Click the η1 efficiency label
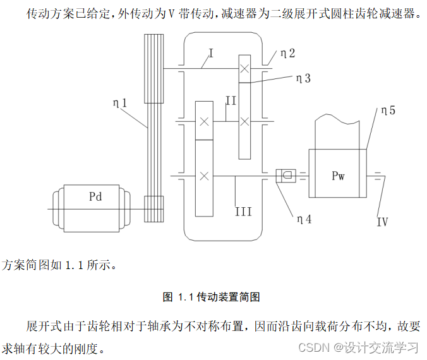click(120, 101)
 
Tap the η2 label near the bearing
click(287, 54)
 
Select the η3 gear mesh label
click(303, 78)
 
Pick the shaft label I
click(210, 53)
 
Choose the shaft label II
click(231, 100)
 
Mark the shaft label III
click(243, 211)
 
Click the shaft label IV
click(382, 222)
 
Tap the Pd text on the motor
click(95, 196)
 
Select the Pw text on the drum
click(339, 176)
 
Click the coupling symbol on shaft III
click(286, 175)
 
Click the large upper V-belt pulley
click(153, 68)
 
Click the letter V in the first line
click(171, 13)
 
